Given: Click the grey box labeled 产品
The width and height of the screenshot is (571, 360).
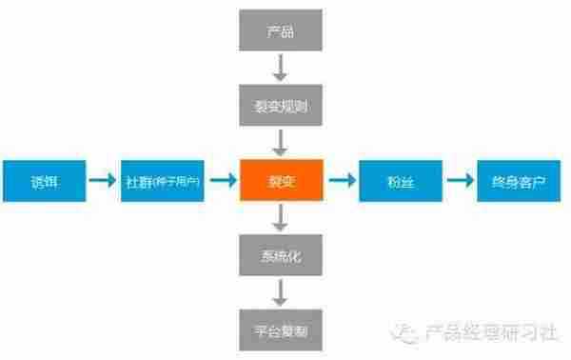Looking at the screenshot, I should point(280,32).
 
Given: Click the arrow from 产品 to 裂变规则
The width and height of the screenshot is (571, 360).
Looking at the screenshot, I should point(280,66).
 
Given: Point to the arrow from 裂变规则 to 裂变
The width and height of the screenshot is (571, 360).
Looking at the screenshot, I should point(280,141).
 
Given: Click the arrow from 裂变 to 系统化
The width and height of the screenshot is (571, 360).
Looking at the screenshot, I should point(280,219).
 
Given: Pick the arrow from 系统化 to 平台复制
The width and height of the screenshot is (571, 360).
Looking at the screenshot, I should point(280,292).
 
